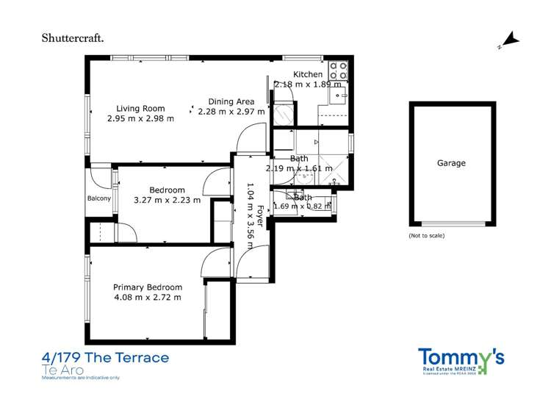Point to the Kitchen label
307,75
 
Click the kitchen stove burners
337,71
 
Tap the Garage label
451,163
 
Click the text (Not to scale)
426,236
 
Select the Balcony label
99,198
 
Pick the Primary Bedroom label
147,287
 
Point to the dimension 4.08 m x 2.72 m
147,297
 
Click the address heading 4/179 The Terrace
106,358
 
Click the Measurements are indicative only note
82,378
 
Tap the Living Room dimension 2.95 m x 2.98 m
140,118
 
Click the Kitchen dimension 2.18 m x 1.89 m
308,85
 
